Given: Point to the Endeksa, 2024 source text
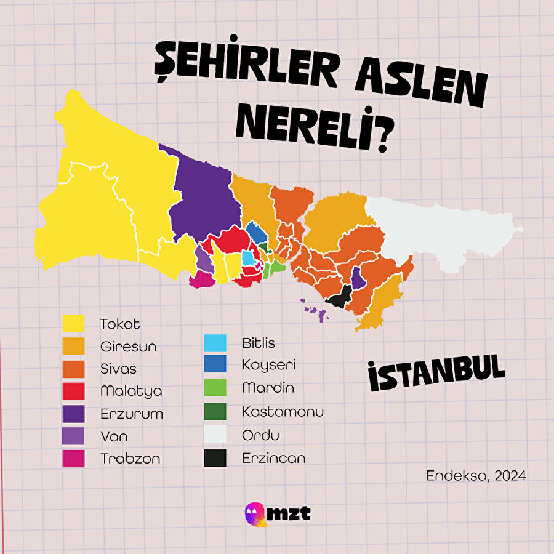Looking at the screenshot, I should tap(476, 476).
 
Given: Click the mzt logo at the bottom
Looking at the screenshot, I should tap(277, 513).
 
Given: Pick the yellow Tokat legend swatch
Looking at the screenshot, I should tap(74, 324).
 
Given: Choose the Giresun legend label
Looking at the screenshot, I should tap(128, 347).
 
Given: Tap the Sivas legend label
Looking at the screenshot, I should tap(118, 369).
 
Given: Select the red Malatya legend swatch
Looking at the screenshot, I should tap(74, 391).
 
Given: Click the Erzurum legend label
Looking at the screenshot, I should tap(132, 414).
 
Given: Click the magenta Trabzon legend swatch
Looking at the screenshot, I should tap(74, 459).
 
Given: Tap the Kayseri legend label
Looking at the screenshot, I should tap(269, 364).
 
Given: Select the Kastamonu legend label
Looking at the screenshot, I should tap(283, 411).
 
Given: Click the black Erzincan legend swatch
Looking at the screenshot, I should tap(215, 458).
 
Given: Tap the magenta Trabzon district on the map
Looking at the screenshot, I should tap(201, 280).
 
